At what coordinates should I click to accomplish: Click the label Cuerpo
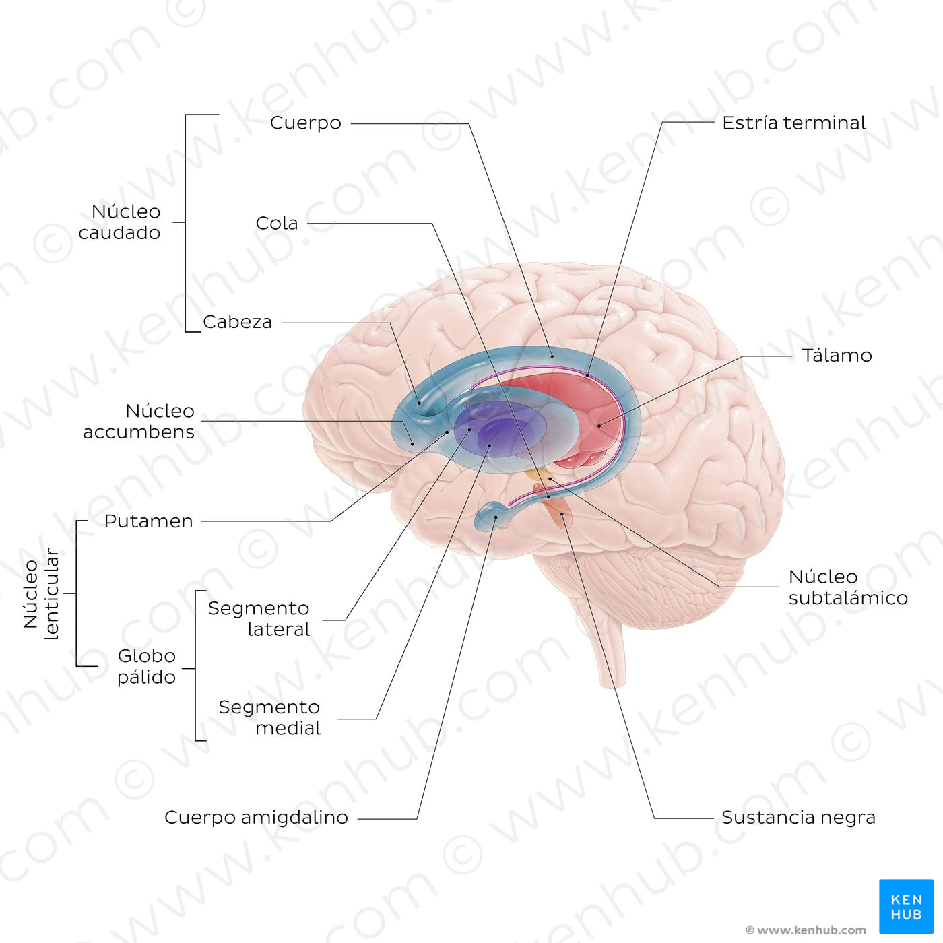(x=306, y=123)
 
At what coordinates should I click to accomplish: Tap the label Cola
(x=277, y=223)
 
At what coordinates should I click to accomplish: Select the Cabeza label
(x=237, y=322)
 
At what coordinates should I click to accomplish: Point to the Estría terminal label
(x=793, y=123)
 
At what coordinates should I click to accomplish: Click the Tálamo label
(x=837, y=356)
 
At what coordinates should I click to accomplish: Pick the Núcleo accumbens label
(x=139, y=422)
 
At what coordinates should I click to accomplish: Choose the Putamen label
(x=148, y=521)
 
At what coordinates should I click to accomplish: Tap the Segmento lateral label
(x=259, y=618)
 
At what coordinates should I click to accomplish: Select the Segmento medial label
(x=269, y=717)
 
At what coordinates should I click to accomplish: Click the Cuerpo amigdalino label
(x=256, y=818)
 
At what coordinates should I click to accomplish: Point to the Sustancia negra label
(x=798, y=818)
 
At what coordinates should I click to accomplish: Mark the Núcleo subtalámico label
(x=847, y=587)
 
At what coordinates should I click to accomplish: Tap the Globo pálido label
(x=146, y=666)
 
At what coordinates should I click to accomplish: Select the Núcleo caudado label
(x=120, y=222)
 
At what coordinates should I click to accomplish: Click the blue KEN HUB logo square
(x=906, y=906)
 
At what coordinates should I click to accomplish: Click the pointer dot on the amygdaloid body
(x=496, y=517)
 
